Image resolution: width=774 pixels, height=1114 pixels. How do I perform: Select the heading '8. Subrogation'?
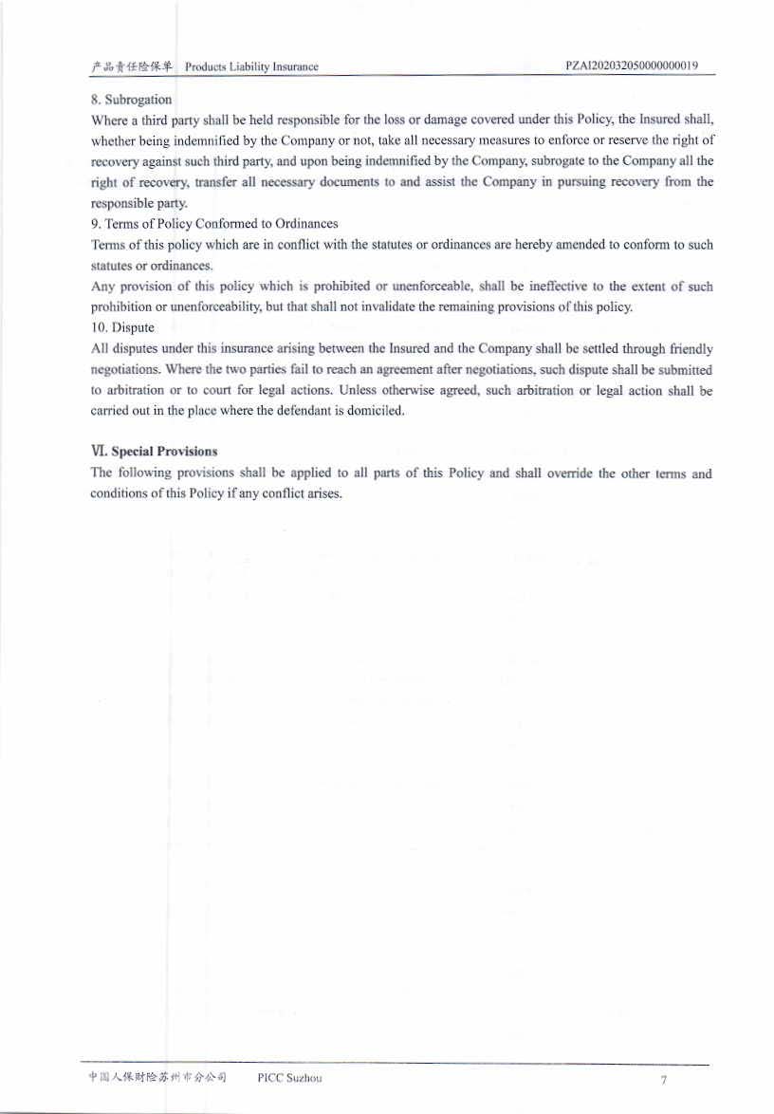pos(131,99)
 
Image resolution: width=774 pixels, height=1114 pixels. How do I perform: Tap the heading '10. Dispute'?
pos(122,327)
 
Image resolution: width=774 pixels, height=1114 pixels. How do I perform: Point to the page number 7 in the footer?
pos(664,1081)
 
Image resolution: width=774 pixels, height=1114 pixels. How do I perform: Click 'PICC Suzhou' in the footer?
pos(289,1078)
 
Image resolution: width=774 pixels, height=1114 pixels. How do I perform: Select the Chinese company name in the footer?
pos(157,1078)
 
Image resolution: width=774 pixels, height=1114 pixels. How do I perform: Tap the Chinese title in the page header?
pos(132,66)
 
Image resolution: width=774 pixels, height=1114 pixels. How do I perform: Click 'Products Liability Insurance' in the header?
pos(251,66)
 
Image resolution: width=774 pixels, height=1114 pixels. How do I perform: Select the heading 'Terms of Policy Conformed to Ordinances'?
pos(221,224)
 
